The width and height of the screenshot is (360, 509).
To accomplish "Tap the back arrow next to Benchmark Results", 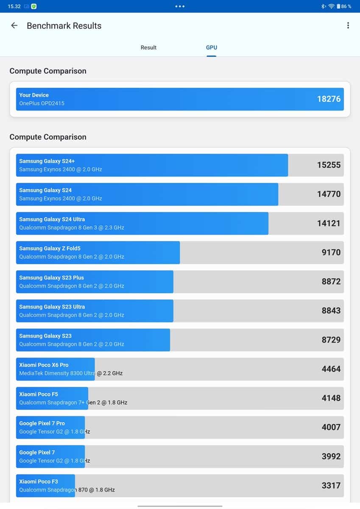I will click(14, 25).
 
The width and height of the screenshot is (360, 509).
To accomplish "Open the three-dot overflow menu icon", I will click(348, 25).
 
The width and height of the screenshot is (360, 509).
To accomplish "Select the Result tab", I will click(148, 48).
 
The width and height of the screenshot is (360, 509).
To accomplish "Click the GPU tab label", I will click(212, 48).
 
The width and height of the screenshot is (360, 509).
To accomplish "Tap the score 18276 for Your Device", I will click(329, 99).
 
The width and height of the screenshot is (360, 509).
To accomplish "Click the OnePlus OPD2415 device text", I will click(42, 103).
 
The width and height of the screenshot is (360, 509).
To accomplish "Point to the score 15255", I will click(329, 165).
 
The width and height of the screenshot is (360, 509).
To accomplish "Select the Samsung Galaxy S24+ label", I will click(47, 161).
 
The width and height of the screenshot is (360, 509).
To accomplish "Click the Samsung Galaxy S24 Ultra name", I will click(52, 219).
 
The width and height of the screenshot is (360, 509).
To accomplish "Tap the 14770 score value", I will click(329, 194).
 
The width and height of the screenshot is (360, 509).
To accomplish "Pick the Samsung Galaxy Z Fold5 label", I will click(50, 249).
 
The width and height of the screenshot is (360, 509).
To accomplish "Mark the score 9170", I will click(331, 252).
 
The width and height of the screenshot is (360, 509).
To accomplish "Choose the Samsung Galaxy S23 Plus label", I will click(51, 278).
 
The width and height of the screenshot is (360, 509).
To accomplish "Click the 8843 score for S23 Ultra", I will click(331, 310).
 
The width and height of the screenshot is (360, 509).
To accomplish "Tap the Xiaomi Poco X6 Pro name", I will click(44, 365).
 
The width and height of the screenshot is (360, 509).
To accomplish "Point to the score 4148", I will click(331, 398).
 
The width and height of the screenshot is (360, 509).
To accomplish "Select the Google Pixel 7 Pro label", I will click(42, 423).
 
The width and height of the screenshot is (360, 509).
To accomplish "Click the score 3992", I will click(331, 456).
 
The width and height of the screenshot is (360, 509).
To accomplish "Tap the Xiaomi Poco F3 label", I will click(39, 481).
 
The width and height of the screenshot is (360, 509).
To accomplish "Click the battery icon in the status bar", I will click(338, 6).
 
